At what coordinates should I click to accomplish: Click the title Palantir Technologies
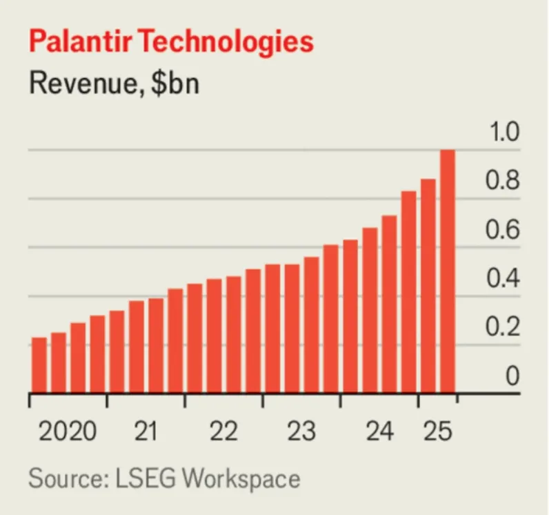click(171, 42)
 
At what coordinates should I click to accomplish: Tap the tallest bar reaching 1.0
click(448, 271)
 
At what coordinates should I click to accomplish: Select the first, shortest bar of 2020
click(39, 365)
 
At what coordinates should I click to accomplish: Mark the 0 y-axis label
click(511, 377)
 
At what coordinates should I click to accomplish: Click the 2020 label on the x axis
click(68, 432)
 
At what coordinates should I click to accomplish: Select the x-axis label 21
click(146, 432)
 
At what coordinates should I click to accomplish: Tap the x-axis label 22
click(223, 432)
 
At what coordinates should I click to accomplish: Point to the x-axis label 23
click(301, 432)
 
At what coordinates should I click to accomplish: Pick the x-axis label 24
click(380, 432)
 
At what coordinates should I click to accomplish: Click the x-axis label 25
click(437, 432)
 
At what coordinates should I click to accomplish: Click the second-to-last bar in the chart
click(428, 286)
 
